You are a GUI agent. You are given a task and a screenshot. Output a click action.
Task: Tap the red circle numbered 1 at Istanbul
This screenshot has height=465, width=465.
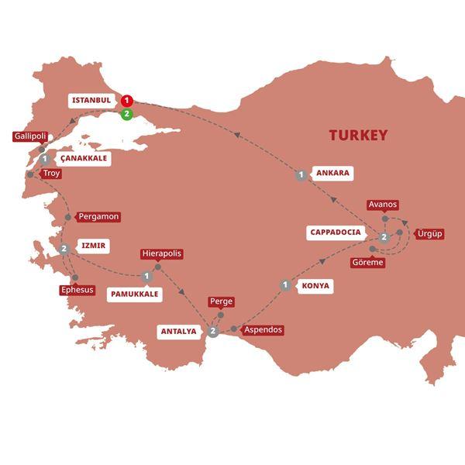click(127, 101)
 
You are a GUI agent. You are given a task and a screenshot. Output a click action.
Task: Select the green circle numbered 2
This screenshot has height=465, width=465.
click(127, 115)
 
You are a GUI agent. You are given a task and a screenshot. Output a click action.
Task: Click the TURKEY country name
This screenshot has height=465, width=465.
click(358, 136)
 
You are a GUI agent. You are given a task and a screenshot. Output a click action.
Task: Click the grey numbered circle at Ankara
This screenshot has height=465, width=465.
click(301, 176)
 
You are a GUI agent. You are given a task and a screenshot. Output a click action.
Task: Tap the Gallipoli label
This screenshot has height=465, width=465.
click(30, 136)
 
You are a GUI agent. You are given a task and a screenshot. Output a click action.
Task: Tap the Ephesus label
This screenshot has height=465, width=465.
click(77, 290)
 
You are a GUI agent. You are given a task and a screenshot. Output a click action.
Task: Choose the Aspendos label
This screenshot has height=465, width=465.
click(263, 329)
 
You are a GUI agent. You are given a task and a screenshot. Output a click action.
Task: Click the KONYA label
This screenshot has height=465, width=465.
click(316, 286)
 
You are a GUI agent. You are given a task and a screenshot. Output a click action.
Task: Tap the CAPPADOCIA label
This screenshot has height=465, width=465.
click(336, 232)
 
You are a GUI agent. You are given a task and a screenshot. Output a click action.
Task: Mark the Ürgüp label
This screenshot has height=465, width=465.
click(429, 233)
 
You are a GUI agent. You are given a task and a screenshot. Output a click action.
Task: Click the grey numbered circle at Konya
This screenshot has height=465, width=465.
click(286, 285)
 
